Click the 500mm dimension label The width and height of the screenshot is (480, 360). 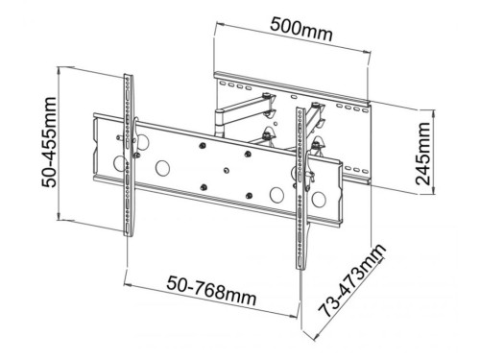tap(301, 30)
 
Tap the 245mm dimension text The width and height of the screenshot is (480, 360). tap(422, 154)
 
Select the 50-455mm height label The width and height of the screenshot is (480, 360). tap(49, 142)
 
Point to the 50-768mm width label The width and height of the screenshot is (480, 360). tap(211, 291)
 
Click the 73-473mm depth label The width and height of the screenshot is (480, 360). tap(351, 280)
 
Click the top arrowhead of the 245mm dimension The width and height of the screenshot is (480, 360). tap(434, 112)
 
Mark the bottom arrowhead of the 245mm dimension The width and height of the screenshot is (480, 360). tap(434, 191)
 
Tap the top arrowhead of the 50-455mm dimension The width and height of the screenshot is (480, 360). tap(59, 70)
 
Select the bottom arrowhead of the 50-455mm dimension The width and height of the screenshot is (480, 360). tap(59, 216)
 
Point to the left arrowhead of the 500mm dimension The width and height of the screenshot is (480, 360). tap(220, 24)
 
